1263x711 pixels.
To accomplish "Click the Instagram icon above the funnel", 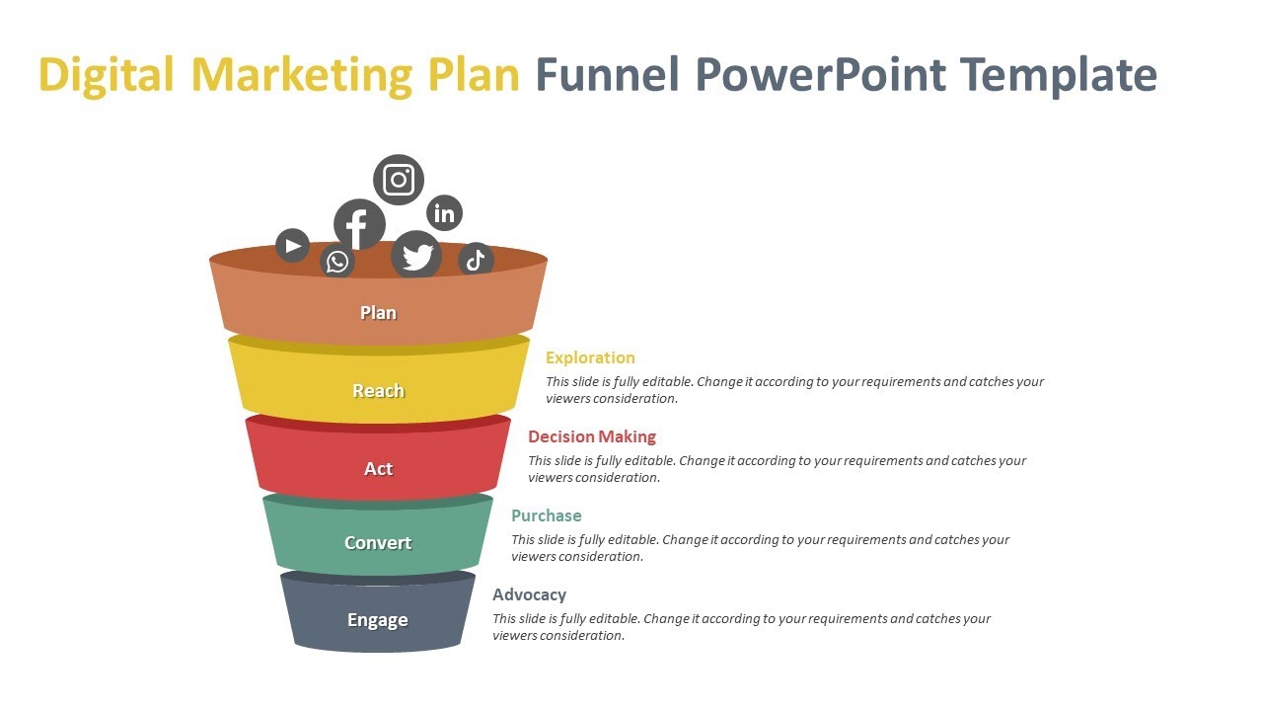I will (399, 180).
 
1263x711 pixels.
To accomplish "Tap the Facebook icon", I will (358, 225).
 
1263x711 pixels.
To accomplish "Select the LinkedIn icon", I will (445, 212).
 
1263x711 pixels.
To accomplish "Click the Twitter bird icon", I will (417, 256).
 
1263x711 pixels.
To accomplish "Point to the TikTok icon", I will (476, 260).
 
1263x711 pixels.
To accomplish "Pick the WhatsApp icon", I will (337, 262).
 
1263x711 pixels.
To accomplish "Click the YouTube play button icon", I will (292, 245).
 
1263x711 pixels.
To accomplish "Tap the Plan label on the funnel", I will (378, 313).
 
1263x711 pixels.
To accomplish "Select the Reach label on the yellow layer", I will (378, 391).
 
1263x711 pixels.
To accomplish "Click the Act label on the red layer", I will (378, 469).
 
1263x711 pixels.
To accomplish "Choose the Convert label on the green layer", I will (378, 543).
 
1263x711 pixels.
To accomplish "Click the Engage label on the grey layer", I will (378, 620).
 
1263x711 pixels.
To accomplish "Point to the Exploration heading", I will (590, 357).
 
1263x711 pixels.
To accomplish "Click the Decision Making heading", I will (592, 436).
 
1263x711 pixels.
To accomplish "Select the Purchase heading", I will (547, 515).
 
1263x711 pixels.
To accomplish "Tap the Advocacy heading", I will (530, 594).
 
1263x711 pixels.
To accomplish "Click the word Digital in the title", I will (107, 75).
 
